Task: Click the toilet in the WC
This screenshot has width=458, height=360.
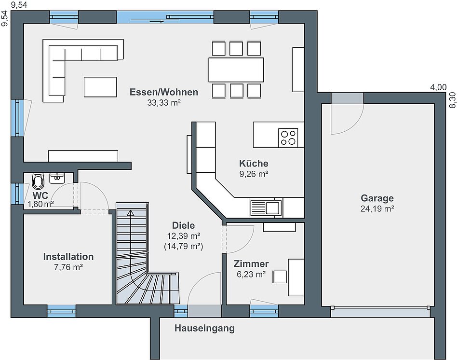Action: tap(38, 181)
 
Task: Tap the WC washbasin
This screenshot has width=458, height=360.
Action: tap(57, 178)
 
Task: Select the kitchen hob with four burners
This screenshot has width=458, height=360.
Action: tap(288, 138)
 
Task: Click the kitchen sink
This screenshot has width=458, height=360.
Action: tap(266, 208)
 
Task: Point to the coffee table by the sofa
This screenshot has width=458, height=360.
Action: tap(100, 87)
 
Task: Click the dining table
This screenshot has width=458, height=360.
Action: tap(236, 69)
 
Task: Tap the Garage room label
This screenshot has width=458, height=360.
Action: tap(377, 198)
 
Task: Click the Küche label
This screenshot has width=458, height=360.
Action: tap(254, 163)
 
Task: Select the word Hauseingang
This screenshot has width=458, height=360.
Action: tap(204, 329)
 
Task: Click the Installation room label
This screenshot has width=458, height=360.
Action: tap(68, 256)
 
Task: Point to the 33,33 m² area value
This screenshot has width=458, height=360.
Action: tap(164, 103)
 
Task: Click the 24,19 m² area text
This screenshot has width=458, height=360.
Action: tap(377, 209)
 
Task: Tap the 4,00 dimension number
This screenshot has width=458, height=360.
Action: tap(438, 87)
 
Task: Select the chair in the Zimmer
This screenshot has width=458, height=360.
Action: tap(280, 277)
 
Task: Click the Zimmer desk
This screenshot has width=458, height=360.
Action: tap(296, 277)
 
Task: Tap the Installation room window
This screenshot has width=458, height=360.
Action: tap(61, 311)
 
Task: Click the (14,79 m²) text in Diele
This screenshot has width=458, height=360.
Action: tap(183, 246)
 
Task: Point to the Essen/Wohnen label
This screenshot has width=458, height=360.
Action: tap(164, 92)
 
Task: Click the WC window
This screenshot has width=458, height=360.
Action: tap(17, 194)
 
